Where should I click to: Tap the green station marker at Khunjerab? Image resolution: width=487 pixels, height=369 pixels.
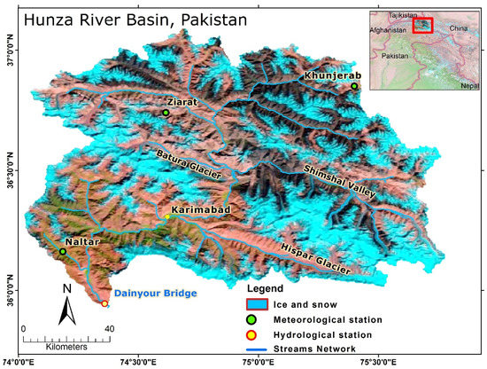click(354, 86)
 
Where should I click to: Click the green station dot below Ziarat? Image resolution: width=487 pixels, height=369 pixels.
click(166, 113)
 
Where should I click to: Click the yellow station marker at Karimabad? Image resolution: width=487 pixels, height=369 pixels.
click(167, 216)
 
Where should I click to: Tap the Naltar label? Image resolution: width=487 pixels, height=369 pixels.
click(81, 240)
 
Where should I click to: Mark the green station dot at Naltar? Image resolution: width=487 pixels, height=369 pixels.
click(63, 251)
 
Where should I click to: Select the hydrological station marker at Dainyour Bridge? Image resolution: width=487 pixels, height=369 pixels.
click(104, 304)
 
